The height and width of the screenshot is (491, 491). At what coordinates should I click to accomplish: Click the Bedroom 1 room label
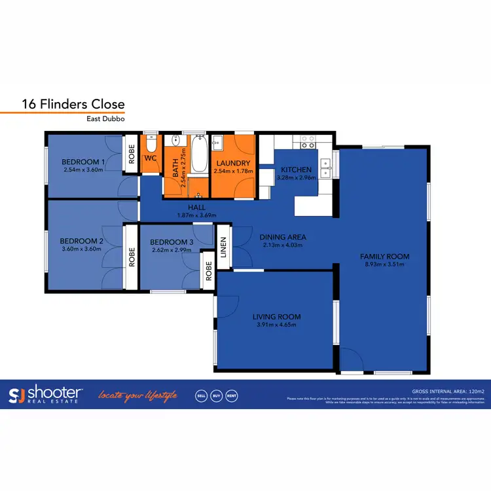tap(83, 162)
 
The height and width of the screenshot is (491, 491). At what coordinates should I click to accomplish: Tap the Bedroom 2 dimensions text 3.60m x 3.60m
tap(82, 248)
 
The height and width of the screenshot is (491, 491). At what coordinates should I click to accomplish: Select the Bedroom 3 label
tap(172, 242)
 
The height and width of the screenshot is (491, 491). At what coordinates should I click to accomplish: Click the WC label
tap(150, 158)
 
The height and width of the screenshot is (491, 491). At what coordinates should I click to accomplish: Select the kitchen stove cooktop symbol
tap(307, 139)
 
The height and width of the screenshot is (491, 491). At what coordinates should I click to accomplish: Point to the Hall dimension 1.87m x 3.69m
tap(197, 215)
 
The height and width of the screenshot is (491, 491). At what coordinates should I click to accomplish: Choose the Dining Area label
tap(283, 237)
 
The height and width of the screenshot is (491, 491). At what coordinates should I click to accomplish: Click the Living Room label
tap(276, 317)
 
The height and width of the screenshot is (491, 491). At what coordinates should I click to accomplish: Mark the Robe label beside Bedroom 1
tap(132, 158)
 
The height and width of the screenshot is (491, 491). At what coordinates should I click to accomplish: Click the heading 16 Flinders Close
tap(73, 104)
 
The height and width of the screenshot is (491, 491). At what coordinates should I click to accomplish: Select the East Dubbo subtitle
tap(105, 119)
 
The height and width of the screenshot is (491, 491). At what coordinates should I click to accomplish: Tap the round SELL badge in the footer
tap(202, 395)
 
